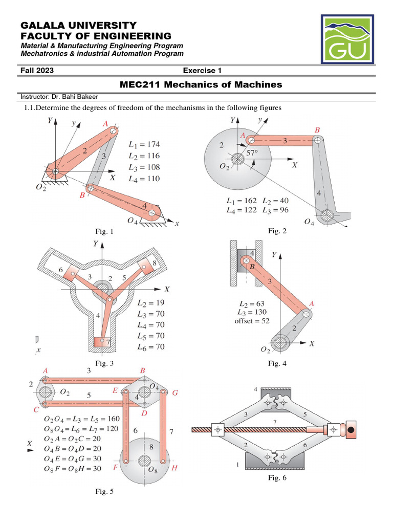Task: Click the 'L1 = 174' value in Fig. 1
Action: click(144, 145)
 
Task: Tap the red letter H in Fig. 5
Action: click(174, 468)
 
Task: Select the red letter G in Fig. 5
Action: click(175, 393)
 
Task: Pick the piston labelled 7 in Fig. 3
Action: click(102, 341)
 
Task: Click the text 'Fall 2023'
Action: click(37, 71)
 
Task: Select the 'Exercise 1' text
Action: click(202, 71)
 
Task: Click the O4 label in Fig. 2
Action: click(310, 222)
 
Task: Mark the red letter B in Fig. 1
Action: click(81, 195)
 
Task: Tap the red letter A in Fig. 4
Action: click(312, 304)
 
